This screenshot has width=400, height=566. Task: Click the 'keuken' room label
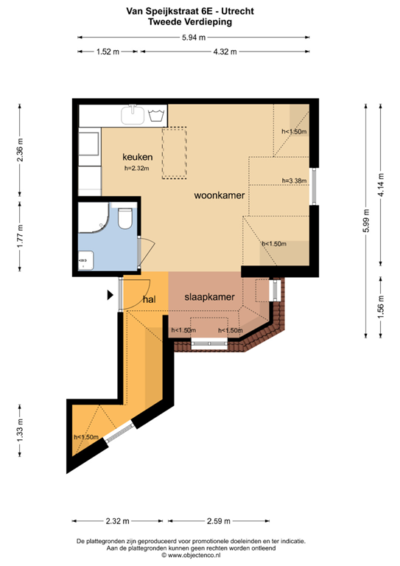tap(137, 157)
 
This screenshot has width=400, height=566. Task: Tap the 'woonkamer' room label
tap(219, 196)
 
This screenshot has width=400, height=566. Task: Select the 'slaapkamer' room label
tap(209, 298)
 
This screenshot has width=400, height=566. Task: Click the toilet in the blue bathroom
tap(124, 218)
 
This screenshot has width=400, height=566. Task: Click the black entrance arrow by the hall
tap(111, 295)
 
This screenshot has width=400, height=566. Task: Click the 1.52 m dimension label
tap(108, 52)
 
